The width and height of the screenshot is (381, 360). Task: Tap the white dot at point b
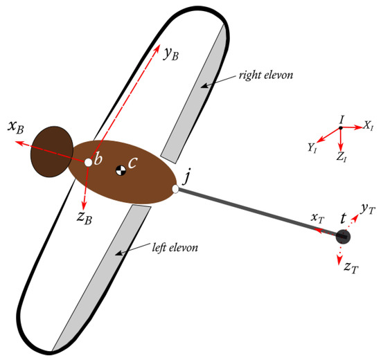coord(89,163)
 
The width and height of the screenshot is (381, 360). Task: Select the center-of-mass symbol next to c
coord(121,168)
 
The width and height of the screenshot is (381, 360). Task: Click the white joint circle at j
coord(176,189)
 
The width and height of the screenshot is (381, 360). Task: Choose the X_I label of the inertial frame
coord(369,126)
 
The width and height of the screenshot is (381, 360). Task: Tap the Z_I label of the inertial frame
coord(342,157)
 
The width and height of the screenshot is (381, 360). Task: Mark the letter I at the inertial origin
coord(341,120)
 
